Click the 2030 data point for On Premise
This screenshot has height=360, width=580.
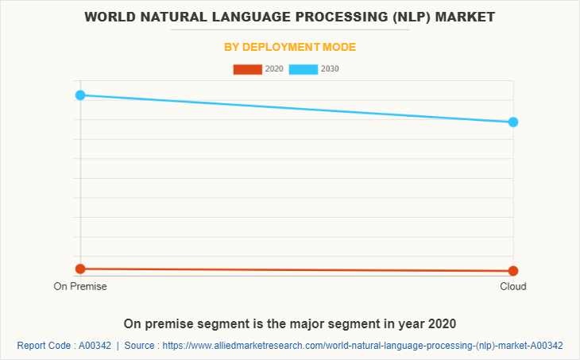click(80, 95)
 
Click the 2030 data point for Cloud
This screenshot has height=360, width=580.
click(513, 122)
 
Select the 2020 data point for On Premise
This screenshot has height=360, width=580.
click(80, 269)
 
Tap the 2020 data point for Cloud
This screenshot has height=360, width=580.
click(513, 271)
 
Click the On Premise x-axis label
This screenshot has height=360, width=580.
click(80, 286)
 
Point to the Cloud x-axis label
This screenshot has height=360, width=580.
click(513, 286)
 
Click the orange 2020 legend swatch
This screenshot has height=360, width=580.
click(247, 69)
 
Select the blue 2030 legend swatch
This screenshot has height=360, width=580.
click(304, 69)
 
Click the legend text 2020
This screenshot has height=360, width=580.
click(274, 69)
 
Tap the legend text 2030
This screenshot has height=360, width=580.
click(330, 69)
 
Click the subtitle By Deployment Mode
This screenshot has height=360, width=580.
click(290, 47)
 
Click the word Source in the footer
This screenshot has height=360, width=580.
click(141, 346)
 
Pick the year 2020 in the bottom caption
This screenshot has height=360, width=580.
click(440, 324)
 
